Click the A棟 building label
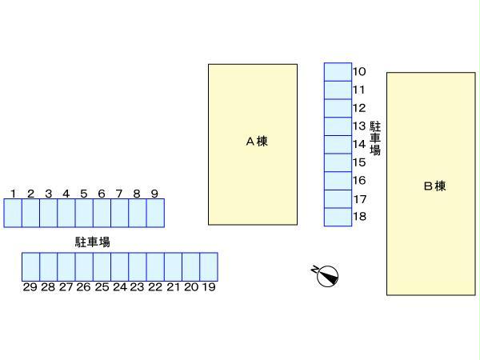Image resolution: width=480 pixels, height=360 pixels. [256, 142]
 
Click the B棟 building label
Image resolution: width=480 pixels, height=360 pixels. [434, 186]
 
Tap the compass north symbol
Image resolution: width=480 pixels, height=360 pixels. [326, 275]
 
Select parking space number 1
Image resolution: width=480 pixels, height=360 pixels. [13, 213]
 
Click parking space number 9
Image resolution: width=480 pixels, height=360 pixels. [155, 213]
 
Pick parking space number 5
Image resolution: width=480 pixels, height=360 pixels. [84, 213]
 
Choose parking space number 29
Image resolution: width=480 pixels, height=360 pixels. [30, 266]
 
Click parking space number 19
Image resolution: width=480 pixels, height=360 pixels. [209, 266]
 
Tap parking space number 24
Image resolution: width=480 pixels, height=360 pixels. [119, 266]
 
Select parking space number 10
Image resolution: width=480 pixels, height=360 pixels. [338, 72]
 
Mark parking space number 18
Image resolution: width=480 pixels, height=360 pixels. [338, 217]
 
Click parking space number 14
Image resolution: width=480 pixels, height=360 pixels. [338, 145]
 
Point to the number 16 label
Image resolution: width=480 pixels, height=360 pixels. [359, 181]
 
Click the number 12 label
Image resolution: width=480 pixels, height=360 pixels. [359, 108]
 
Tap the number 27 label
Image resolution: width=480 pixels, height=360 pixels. [66, 286]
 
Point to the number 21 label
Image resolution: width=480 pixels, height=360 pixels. [173, 286]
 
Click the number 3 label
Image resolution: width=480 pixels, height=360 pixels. [48, 194]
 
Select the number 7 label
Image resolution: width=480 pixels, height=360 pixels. [119, 194]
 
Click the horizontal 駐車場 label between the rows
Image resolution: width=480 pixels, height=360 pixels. [93, 241]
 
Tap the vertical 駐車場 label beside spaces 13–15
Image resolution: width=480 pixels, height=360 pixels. [375, 138]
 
